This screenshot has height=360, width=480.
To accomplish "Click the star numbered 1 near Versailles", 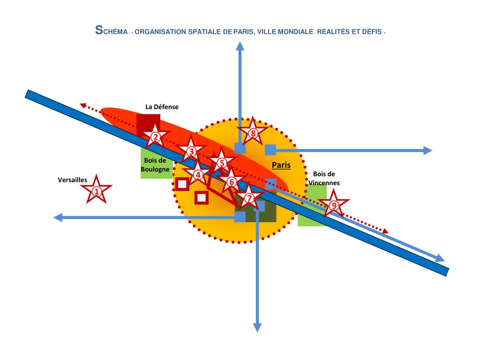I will tap(97, 191).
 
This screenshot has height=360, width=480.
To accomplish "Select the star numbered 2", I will tap(155, 137).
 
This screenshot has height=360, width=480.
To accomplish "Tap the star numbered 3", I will tap(191, 151).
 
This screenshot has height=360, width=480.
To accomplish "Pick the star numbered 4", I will tap(198, 175).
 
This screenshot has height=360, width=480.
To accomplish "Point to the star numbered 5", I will tap(222, 163).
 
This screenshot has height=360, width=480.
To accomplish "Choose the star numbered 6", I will tap(231, 182).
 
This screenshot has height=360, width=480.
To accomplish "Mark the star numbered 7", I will tap(249, 198).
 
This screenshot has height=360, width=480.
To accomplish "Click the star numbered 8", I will tap(253, 134).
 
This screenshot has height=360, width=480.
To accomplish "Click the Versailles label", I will tap(72, 180).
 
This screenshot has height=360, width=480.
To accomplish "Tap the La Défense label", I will tap(162, 107).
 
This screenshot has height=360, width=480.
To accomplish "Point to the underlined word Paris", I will tap(281, 165).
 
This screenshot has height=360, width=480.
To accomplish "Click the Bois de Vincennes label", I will tap(324, 179).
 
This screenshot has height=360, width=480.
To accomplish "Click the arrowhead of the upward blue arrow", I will tap(240, 45).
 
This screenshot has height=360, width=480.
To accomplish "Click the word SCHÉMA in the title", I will tap(110, 31).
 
